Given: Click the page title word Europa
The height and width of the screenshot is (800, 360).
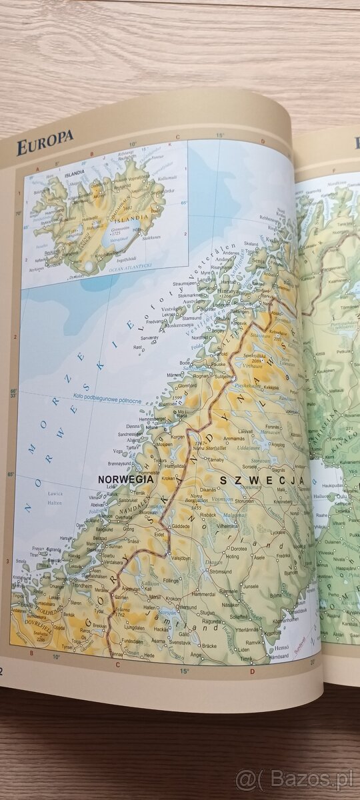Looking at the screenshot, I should click(45, 146).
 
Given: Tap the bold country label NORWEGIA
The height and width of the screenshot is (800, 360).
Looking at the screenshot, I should click(125, 479).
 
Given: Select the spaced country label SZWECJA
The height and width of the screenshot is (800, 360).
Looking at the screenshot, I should click(261, 480).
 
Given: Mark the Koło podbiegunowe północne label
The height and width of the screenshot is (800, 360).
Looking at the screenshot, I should click(106, 401).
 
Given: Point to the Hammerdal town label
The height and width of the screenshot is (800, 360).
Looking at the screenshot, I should click(203, 593).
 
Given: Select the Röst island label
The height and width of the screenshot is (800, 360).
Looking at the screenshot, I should click(137, 347).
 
